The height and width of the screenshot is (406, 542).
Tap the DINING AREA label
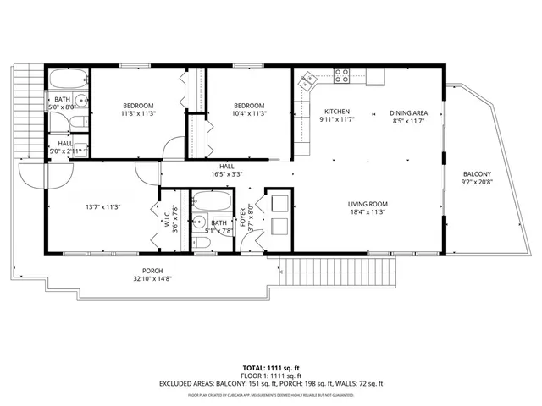click(x=408, y=112)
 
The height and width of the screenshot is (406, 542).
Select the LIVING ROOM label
click(x=368, y=203)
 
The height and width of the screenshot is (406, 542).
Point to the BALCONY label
click(x=476, y=174)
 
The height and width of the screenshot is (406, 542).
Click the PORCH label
click(x=152, y=271)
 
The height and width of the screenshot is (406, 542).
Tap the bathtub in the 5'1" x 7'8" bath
click(x=212, y=203)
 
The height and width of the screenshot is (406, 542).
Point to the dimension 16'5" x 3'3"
click(x=227, y=175)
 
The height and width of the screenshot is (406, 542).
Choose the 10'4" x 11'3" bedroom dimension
click(x=249, y=113)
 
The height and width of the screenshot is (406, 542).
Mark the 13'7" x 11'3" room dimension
click(x=102, y=206)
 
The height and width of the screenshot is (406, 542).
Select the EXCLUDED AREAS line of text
click(x=271, y=383)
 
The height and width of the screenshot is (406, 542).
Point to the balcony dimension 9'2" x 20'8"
click(x=476, y=182)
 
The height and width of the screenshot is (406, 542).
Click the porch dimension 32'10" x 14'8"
click(x=152, y=278)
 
